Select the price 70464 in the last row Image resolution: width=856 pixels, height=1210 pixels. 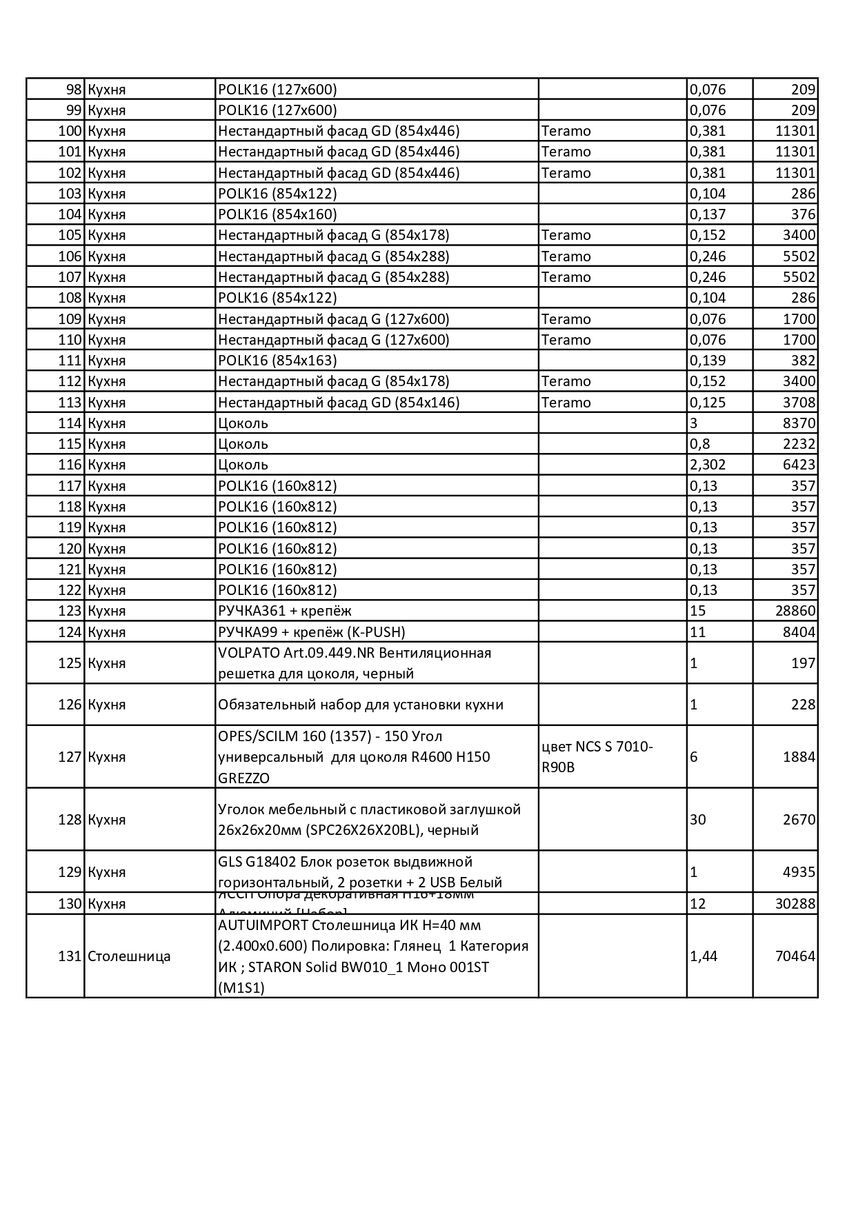point(795,956)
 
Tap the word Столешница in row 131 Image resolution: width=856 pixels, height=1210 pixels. point(129,956)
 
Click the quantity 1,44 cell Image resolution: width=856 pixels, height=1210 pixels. point(704,956)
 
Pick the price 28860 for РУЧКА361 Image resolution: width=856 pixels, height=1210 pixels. point(795,611)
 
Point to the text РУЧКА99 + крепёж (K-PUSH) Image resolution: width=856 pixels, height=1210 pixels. point(311,632)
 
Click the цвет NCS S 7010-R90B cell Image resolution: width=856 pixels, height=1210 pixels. point(597,756)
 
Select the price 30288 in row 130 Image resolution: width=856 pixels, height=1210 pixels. point(795,904)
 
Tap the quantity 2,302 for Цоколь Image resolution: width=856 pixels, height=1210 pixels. point(708,465)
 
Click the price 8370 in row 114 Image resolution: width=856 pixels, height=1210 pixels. point(799,423)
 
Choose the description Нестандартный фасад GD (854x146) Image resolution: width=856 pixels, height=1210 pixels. point(338,403)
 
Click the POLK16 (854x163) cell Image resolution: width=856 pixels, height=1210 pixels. point(277,361)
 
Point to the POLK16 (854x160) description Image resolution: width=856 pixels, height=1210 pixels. point(277,214)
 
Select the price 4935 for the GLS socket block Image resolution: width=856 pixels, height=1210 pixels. point(799,872)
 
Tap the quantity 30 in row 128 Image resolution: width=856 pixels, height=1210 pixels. point(698,820)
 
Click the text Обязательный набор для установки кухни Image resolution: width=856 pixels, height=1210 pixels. point(360,705)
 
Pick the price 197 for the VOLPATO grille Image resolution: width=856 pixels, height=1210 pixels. point(803,663)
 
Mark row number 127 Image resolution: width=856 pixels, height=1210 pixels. point(70,757)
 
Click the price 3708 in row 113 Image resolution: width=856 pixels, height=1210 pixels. point(799,403)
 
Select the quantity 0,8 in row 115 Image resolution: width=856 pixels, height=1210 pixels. point(699,444)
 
